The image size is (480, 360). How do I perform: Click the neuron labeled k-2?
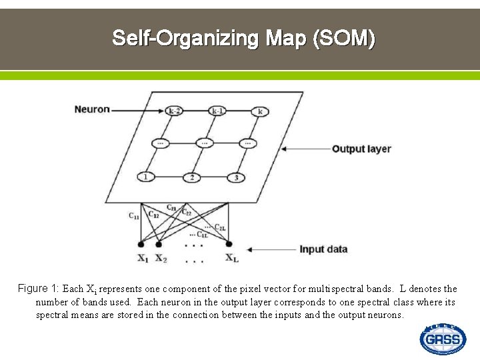pos(175,111)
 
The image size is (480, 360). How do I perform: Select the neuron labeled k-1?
pos(217,111)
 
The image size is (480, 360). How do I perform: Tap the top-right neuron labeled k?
pos(259,111)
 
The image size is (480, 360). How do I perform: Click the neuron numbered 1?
pos(145,177)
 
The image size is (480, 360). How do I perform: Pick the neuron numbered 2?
pos(192,177)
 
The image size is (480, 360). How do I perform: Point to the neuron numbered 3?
pos(236,177)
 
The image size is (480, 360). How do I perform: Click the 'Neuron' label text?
pos(92,109)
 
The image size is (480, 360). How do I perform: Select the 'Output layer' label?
pos(361,149)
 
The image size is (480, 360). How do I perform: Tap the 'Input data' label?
pos(323,249)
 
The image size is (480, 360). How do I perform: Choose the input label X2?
pos(161,259)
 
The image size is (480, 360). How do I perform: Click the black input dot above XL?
pos(229,244)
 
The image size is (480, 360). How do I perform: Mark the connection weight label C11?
pos(134,215)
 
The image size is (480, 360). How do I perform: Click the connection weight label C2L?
pos(219,227)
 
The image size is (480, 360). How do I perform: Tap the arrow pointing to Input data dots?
pos(267,250)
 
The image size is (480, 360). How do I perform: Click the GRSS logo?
pos(443,339)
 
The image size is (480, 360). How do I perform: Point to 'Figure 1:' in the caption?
pos(39,289)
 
